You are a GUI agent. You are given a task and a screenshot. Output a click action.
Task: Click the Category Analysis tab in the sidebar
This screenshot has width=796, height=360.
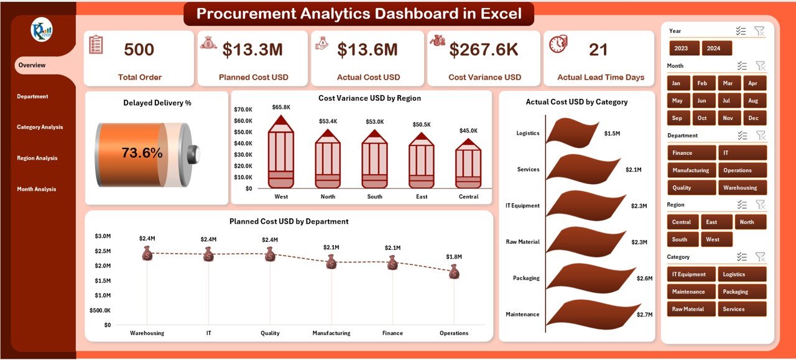coord(40,127)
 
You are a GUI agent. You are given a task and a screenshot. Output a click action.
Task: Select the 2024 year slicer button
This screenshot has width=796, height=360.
coord(717,48)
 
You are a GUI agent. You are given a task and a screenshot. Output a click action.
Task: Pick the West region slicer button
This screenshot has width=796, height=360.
coord(716,239)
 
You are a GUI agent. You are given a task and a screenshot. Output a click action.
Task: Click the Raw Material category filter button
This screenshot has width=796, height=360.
coord(691,309)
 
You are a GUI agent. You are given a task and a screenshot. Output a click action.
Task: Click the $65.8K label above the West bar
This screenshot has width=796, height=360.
coord(281,108)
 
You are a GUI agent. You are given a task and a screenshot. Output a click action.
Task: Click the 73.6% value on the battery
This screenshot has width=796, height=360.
coord(142,153)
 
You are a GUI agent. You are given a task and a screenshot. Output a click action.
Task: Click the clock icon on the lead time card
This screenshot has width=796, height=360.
coord(558,44)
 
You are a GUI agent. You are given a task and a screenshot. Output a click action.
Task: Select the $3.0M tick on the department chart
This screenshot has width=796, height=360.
coord(103,236)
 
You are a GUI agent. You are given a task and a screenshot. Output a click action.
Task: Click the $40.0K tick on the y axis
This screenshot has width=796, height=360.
coord(243,144)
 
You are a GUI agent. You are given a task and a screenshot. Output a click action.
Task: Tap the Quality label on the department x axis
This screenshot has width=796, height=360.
coord(270,333)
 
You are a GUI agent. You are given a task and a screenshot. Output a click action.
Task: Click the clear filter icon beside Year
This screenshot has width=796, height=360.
coord(759,30)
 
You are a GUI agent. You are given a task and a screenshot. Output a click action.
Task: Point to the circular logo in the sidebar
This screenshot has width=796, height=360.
coord(42,30)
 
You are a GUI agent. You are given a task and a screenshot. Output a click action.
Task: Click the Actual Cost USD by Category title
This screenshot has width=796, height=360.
coord(576,102)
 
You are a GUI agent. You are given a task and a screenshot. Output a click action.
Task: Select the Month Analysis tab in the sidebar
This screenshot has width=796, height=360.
coord(37,189)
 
